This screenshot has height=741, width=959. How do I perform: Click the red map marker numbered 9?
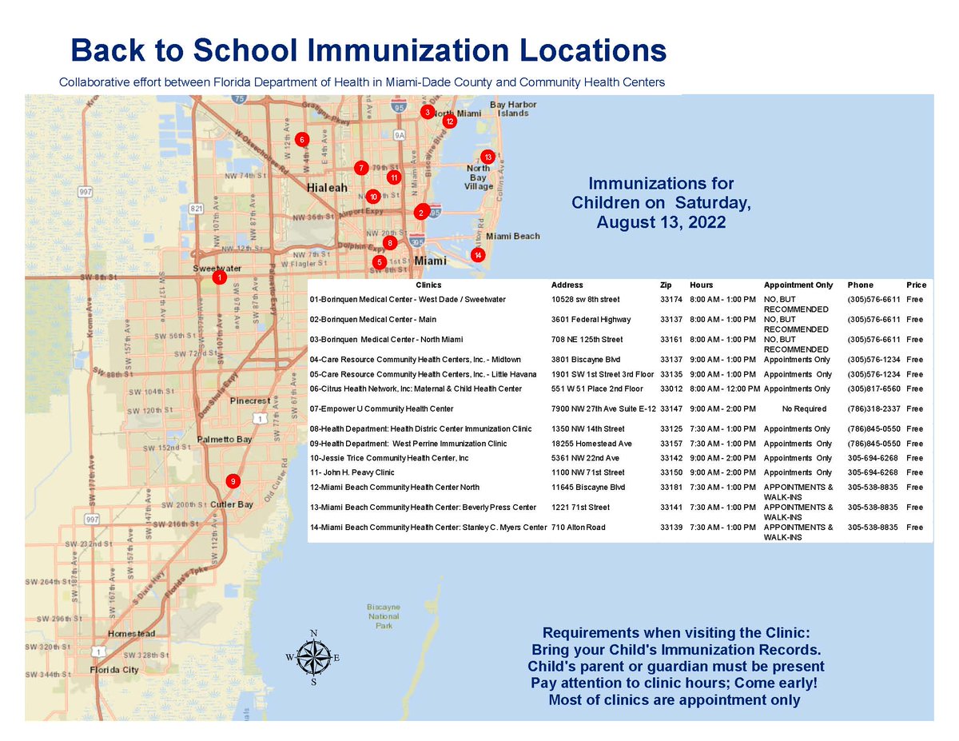232,481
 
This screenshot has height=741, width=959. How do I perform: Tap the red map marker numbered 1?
217,277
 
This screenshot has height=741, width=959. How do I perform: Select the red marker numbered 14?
477,255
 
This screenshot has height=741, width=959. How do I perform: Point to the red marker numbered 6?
301,139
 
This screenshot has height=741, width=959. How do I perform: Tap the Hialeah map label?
328,187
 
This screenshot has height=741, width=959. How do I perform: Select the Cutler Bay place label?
232,504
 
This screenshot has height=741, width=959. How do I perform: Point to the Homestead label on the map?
131,633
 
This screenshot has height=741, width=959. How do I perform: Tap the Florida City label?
113,670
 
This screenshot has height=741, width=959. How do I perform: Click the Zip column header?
666,285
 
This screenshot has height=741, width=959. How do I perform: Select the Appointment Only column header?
798,285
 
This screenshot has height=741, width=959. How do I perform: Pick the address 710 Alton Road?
579,528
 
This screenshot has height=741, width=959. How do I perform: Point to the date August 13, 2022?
661,223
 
